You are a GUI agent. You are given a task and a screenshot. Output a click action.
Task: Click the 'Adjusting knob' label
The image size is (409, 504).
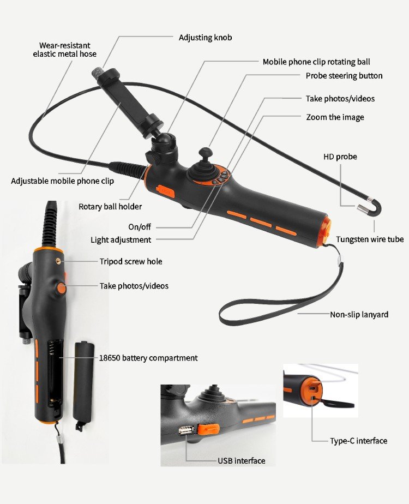[205, 38]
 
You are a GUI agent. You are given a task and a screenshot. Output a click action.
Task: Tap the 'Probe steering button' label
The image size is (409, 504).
[344, 76]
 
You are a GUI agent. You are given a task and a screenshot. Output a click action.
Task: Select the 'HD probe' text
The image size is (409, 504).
[340, 157]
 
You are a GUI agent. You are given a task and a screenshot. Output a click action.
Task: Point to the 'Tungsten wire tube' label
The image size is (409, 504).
[370, 239]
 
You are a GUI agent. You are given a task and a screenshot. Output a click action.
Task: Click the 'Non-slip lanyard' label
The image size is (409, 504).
[359, 314]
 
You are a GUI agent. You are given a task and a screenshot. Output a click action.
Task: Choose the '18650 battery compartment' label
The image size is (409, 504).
[148, 358]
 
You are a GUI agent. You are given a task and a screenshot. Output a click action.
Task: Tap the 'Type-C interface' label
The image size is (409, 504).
[359, 441]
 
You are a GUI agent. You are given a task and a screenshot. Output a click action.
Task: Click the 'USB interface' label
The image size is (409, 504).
[242, 461]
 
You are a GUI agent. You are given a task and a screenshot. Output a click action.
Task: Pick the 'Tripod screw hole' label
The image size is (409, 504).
[131, 261]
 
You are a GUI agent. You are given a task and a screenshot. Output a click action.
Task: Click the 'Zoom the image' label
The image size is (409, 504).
[335, 117]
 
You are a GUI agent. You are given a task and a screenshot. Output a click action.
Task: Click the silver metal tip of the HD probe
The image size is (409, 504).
[363, 208]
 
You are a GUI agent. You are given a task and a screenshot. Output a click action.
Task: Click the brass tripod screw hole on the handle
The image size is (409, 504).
[58, 260]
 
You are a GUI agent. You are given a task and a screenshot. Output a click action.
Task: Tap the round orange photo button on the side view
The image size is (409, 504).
[61, 288]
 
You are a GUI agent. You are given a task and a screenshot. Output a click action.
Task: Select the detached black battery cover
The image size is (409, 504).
[83, 385]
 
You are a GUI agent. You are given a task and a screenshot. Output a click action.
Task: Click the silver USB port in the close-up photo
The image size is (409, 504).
[186, 430]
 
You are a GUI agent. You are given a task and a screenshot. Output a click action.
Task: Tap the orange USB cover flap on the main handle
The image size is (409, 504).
[166, 191]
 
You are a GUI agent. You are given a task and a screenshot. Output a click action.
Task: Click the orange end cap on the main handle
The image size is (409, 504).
[326, 232]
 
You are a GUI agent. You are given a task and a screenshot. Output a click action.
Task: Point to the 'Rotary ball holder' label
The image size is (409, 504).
[110, 207]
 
